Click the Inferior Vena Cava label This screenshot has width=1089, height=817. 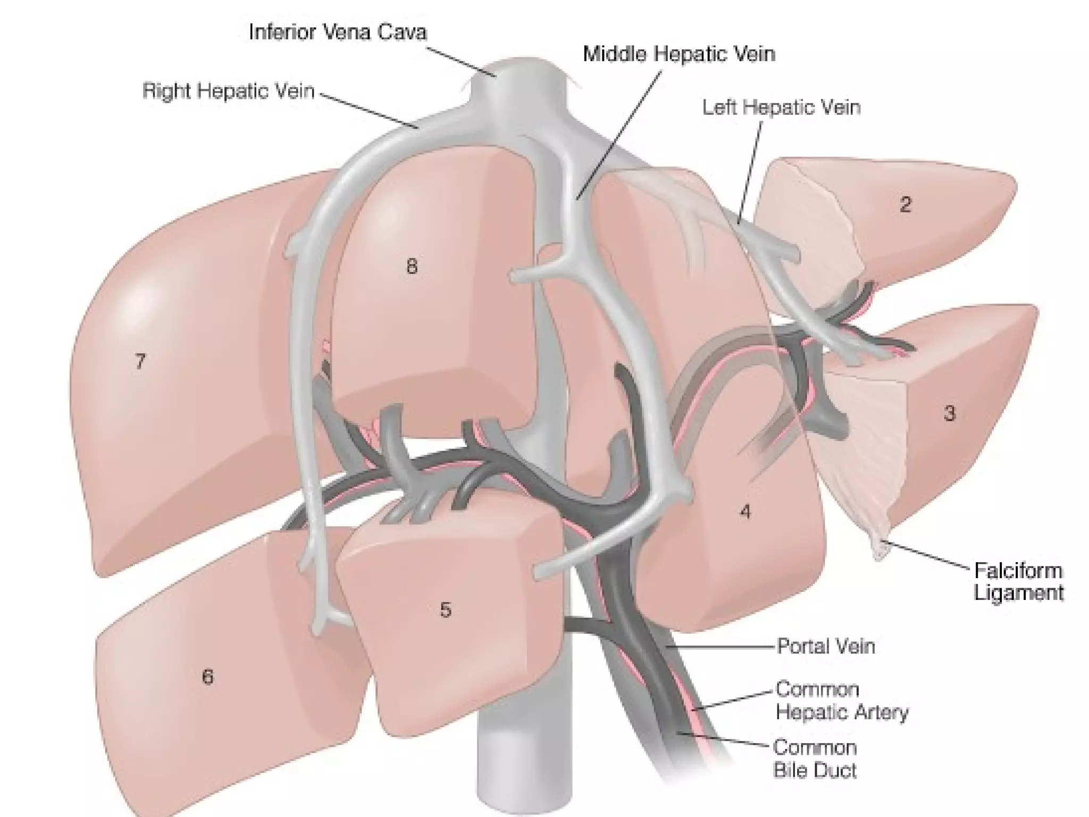[338, 32]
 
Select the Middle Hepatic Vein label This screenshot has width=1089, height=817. [679, 54]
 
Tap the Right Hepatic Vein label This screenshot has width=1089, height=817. [228, 91]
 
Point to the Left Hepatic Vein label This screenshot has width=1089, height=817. [781, 107]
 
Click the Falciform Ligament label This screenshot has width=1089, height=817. [1018, 582]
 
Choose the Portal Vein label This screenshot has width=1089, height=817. [826, 646]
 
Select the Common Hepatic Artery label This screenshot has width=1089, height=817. [842, 701]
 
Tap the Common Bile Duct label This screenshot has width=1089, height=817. [815, 759]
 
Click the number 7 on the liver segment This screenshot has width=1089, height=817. [139, 362]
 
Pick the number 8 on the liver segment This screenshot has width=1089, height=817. [412, 266]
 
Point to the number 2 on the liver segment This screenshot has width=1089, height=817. [905, 204]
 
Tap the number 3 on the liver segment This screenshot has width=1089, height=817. [949, 413]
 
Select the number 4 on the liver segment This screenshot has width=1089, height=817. [745, 512]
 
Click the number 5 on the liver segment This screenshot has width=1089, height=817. [446, 610]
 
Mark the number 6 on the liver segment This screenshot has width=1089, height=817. [207, 677]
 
